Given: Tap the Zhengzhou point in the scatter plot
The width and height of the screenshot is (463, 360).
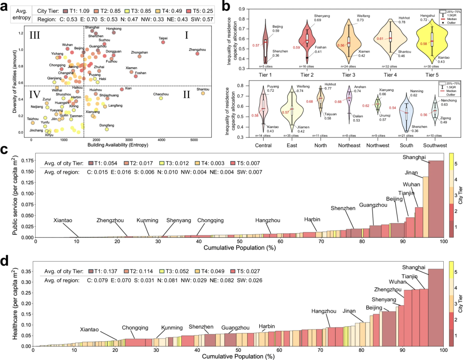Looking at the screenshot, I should (x=197, y=54).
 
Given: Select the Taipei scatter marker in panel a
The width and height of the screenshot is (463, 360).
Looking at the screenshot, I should (x=163, y=42).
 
